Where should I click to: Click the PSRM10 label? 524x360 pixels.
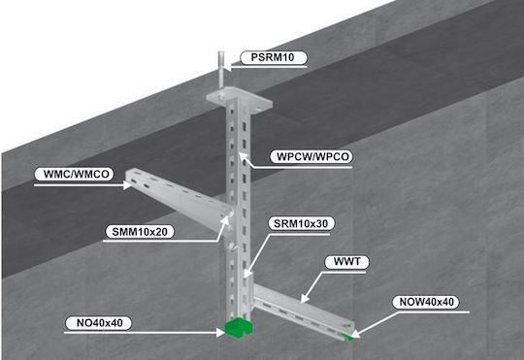pos(273,57)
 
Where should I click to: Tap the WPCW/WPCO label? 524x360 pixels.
pos(312,156)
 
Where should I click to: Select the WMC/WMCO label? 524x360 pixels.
pos(76,174)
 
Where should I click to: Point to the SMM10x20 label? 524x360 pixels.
pos(140,232)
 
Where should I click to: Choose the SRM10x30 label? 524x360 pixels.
pos(301,223)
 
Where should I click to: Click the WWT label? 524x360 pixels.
pos(346,262)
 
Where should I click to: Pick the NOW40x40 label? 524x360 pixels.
pos(426,302)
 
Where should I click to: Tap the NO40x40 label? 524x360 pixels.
pos(99,323)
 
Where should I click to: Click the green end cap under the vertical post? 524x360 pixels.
pos(239,328)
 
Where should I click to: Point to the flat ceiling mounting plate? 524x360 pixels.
pos(239,100)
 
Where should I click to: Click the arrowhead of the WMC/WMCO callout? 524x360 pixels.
pos(128,184)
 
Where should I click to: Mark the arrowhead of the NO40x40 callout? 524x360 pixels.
pos(220,332)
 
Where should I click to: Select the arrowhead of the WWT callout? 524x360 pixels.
pos(305,299)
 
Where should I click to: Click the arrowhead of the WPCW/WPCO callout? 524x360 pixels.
pos(244,157)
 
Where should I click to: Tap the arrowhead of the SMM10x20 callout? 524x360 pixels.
pos(225,220)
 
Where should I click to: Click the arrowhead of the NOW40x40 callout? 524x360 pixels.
pos(354,334)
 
